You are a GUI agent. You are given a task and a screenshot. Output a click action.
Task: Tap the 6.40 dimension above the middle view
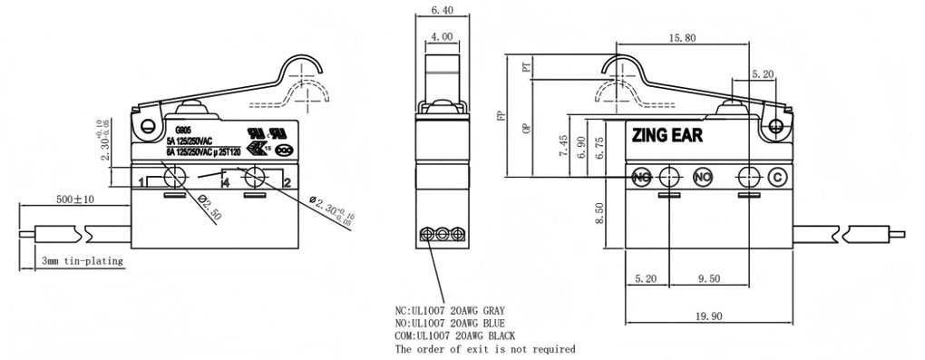point(443,10)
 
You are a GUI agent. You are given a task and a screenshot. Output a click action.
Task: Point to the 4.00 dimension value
point(443,37)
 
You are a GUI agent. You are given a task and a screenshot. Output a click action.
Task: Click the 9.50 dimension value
point(709,279)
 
